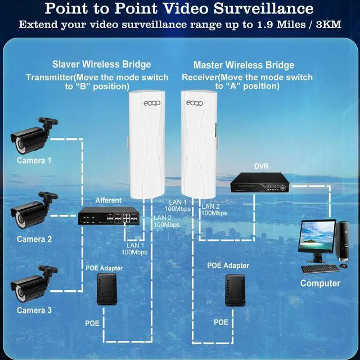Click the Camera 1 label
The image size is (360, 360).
34,160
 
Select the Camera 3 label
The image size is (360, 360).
34,310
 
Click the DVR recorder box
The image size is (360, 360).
260,182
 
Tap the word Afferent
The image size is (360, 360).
108,200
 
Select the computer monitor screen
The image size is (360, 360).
318,237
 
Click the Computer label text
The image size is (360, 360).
320,283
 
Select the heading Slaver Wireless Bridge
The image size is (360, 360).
102,65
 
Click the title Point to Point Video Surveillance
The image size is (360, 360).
179,9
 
